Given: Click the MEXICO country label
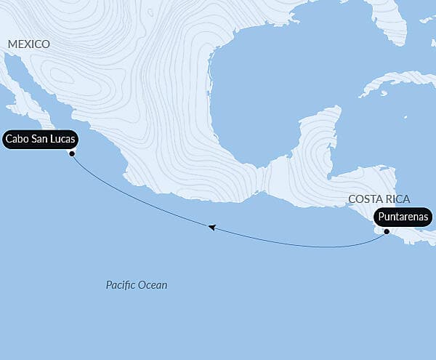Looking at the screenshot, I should (x=29, y=44).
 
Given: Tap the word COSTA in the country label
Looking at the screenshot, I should (x=363, y=199).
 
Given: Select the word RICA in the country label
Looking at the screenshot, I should (x=397, y=199).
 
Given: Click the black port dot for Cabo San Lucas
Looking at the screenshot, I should (x=72, y=153).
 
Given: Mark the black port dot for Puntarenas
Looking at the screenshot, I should (x=387, y=232).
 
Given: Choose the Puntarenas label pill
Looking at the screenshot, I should (x=404, y=217).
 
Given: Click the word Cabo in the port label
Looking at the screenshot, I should (x=17, y=138).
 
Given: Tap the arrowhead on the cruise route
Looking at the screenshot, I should (x=211, y=228).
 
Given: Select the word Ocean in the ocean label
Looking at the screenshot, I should (x=153, y=285).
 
